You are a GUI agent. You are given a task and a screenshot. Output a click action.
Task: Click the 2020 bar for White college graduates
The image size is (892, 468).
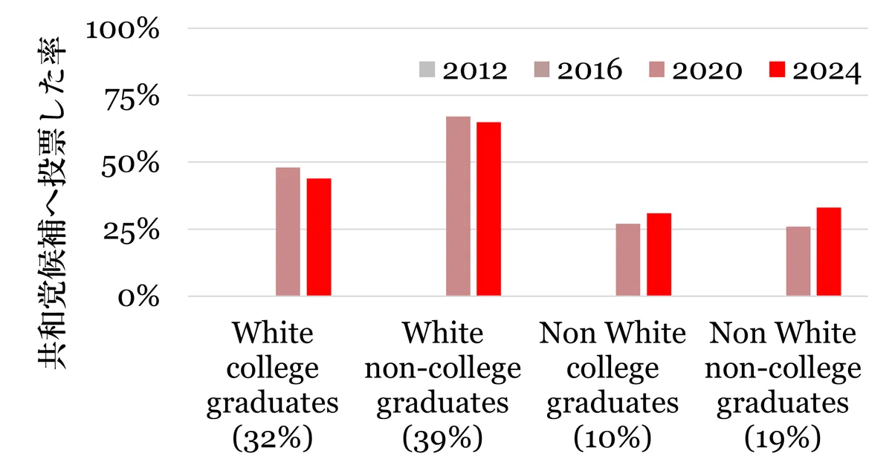288,232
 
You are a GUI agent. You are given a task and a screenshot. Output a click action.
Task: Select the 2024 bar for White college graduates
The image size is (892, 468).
319,237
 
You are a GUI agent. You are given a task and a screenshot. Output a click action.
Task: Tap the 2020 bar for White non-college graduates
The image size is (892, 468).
458,207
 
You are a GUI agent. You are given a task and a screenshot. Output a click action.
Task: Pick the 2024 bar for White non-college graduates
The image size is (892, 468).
489,209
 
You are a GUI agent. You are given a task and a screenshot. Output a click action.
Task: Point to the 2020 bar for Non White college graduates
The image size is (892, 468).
628,260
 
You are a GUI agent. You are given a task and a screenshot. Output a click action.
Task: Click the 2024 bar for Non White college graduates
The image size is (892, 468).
659,255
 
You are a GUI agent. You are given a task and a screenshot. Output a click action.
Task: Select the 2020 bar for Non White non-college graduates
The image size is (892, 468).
798,261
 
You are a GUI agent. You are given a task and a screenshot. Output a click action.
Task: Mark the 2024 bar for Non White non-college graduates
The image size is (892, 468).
829,252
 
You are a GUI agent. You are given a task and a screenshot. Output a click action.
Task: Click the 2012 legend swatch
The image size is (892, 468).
427,69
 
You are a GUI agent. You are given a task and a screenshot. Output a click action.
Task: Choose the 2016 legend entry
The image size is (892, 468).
578,70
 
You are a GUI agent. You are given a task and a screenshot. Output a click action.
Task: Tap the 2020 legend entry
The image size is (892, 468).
696,71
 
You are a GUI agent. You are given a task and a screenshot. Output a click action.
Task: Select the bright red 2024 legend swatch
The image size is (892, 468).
777,69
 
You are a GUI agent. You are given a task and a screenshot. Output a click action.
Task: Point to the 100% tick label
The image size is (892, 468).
122,29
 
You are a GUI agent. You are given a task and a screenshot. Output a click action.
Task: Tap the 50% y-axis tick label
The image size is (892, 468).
130,163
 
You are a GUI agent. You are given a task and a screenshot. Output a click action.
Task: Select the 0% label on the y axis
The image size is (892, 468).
138,297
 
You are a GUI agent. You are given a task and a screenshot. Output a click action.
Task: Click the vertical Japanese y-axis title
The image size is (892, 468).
52,203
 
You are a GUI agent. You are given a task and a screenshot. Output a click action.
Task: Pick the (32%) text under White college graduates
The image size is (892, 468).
272,438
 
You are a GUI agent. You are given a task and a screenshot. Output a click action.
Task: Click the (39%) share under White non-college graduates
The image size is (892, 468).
442,438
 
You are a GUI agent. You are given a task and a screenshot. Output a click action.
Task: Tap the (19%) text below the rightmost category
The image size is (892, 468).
783,438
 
